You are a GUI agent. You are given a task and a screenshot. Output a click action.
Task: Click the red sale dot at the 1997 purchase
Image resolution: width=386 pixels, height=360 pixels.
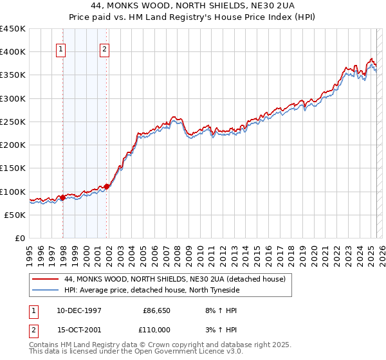tap(63, 197)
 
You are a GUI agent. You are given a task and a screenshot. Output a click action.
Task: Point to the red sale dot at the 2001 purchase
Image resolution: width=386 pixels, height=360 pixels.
tap(107, 187)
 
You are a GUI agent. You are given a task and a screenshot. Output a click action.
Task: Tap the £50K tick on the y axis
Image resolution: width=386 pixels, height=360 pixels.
tap(15, 215)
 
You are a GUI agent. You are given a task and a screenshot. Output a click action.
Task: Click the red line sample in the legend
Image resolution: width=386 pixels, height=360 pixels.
tap(45, 279)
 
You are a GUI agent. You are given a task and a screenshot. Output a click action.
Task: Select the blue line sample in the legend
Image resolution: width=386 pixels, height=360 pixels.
tap(45, 290)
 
